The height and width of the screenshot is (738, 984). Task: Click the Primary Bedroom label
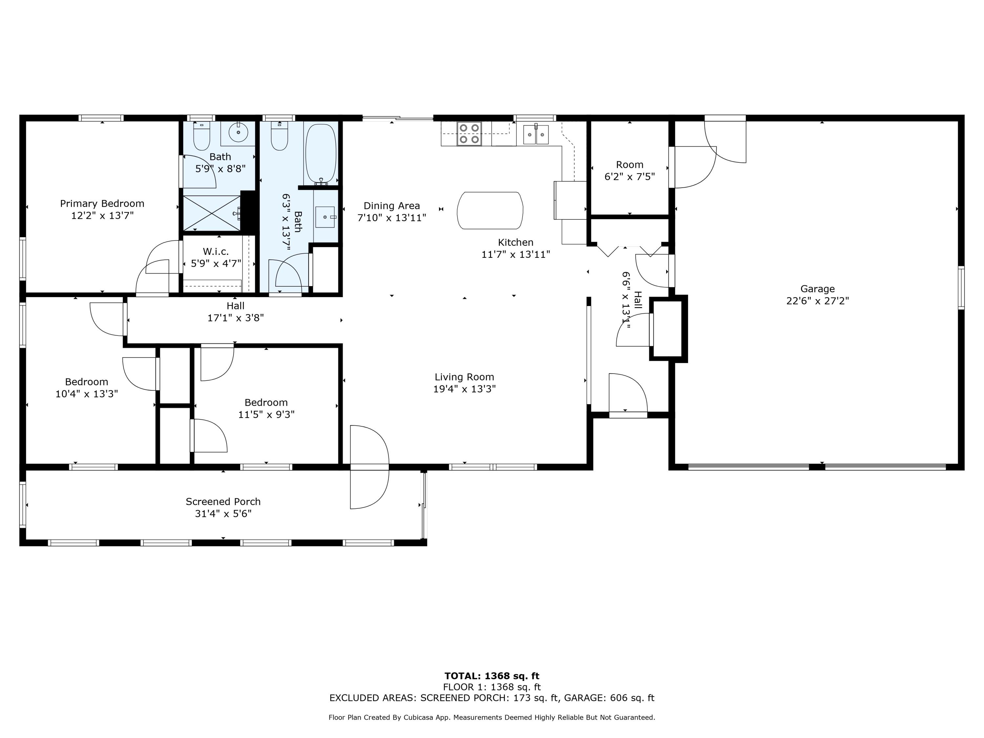(x=102, y=204)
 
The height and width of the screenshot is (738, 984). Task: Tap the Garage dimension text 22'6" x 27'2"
(x=818, y=301)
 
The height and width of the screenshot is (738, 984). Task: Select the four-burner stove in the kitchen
(x=470, y=133)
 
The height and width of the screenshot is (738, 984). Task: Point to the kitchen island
(x=490, y=211)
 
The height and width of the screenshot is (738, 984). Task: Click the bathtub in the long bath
(x=321, y=154)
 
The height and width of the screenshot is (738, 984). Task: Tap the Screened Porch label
(x=223, y=502)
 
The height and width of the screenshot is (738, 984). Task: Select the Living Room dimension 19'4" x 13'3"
(x=464, y=389)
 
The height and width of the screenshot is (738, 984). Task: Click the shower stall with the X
(x=212, y=213)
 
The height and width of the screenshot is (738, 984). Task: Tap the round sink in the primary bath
(x=238, y=132)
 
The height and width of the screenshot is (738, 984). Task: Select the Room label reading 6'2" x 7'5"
(x=629, y=176)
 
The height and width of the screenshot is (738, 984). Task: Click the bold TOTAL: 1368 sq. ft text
(x=492, y=676)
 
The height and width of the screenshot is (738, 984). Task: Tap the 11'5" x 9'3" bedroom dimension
(x=266, y=415)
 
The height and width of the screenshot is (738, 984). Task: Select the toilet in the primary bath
(x=201, y=136)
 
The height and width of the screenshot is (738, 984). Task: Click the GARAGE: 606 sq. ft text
(x=609, y=698)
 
